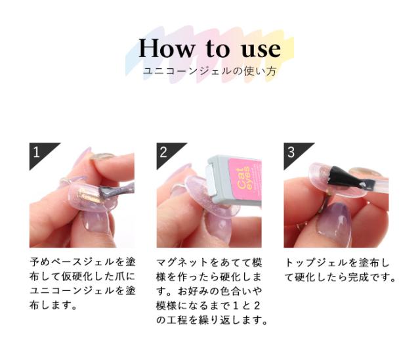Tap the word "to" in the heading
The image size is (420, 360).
coord(213,49)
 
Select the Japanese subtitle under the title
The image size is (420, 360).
coord(209,70)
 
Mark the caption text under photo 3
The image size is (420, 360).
coord(340,269)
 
